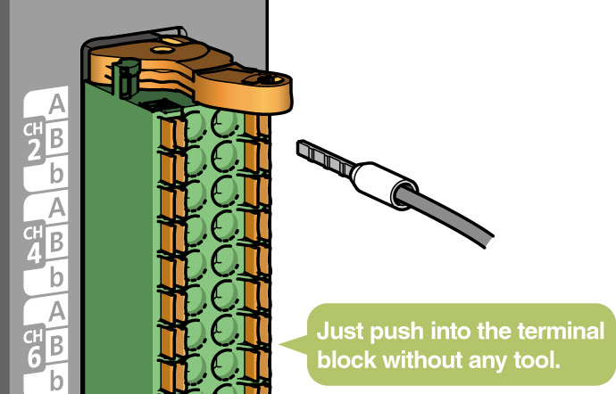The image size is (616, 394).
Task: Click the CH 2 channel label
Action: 33,142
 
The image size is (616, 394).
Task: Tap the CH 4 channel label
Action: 34,244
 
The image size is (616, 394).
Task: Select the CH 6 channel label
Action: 34,349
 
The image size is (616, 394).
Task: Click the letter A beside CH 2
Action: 57,104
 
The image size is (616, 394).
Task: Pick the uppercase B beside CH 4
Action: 56,242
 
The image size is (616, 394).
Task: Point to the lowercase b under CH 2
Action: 56,173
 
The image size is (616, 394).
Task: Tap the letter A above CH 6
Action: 57,311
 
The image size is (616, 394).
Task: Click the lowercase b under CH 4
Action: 56,277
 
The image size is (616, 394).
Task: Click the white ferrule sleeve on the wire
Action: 384,185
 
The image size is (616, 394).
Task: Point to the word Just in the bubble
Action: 341,332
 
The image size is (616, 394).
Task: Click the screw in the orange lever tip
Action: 265,79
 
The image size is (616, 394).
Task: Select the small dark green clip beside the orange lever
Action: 127,78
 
